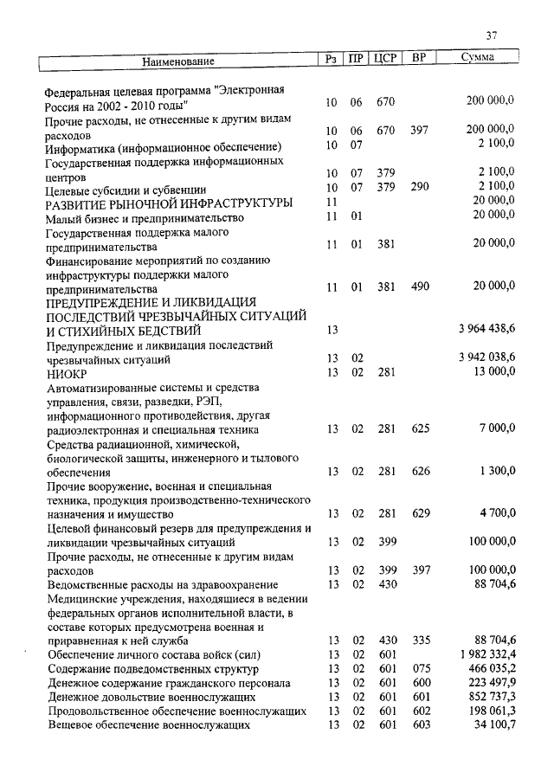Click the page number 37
pyautogui.click(x=492, y=35)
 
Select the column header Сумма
pyautogui.click(x=478, y=59)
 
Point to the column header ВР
pyautogui.click(x=419, y=60)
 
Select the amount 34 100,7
pyautogui.click(x=490, y=725)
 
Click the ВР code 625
pyautogui.click(x=421, y=428)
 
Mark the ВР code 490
pyautogui.click(x=421, y=286)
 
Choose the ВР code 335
pyautogui.click(x=421, y=640)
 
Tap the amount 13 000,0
pyautogui.click(x=493, y=371)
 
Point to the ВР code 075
pyautogui.click(x=421, y=668)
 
